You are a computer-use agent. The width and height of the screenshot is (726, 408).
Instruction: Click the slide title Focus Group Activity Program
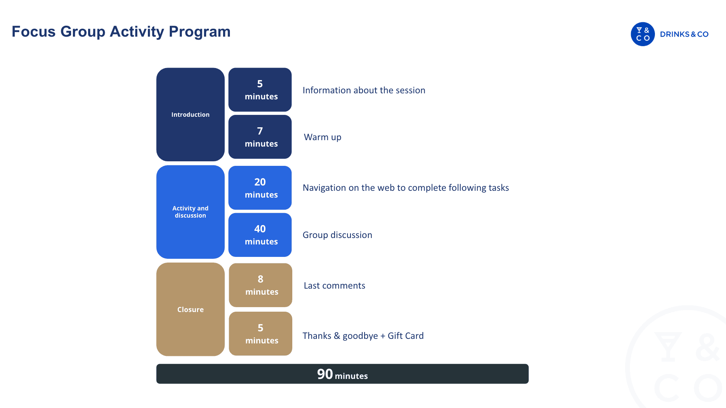pos(121,32)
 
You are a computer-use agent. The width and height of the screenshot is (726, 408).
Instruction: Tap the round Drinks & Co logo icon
pos(642,34)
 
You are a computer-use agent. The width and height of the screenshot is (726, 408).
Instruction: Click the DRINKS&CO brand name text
pos(684,34)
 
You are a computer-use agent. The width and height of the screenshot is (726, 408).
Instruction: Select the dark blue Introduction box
pos(190,114)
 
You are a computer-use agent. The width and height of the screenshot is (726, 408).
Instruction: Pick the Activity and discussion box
pos(190,212)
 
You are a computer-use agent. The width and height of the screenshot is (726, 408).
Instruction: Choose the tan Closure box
pos(190,309)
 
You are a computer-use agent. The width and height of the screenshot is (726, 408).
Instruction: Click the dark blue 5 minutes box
pos(260,90)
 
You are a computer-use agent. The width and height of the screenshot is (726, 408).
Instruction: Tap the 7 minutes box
pos(260,137)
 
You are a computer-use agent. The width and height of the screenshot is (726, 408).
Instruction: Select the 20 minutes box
pos(260,188)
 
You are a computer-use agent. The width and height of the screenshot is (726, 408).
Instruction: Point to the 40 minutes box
pos(260,235)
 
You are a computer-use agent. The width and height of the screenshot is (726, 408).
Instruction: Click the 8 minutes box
pos(261,285)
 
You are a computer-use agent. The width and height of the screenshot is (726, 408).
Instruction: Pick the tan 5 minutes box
pos(261,334)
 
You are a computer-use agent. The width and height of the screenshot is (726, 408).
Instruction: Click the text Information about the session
pos(364,90)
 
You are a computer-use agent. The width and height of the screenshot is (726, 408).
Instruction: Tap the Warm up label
pos(323,137)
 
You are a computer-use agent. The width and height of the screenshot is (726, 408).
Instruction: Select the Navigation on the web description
pos(406,188)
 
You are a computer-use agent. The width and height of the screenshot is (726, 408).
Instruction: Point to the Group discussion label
pos(337,235)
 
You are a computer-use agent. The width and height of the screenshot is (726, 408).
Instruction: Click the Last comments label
pos(334,286)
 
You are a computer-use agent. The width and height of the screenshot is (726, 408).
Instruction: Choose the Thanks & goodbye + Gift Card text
pos(363,336)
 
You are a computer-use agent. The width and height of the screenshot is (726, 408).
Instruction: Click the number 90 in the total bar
pos(325,374)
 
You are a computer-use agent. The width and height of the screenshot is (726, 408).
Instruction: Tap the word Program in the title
pos(200,32)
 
